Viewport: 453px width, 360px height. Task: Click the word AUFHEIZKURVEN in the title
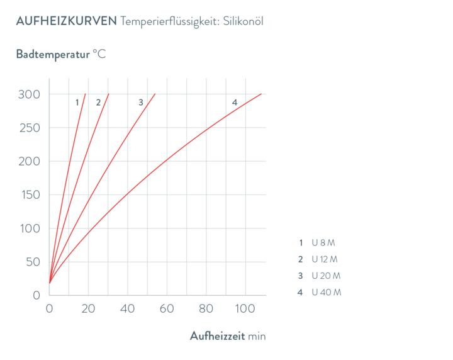(x=67, y=21)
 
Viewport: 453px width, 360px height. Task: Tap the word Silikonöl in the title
(x=243, y=21)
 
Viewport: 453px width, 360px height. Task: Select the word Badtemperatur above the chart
(x=53, y=54)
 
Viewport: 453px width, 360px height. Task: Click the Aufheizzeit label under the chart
(x=218, y=336)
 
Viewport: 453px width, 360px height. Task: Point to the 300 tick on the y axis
(x=29, y=94)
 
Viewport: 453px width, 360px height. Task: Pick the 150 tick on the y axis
(x=31, y=195)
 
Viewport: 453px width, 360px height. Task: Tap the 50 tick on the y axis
(x=33, y=262)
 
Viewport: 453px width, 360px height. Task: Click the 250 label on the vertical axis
(x=30, y=128)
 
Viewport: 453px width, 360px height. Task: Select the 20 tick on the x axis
(x=88, y=309)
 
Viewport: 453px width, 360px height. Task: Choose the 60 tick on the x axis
(x=167, y=309)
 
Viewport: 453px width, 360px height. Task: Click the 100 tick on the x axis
(x=245, y=309)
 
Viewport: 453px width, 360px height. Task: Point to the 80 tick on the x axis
(x=206, y=309)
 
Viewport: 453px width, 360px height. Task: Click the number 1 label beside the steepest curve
(x=77, y=103)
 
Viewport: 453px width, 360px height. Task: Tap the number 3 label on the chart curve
(x=141, y=103)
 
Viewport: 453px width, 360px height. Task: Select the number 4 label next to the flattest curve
(x=235, y=103)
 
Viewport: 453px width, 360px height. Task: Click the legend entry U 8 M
(x=323, y=243)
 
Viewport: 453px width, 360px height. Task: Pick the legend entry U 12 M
(x=325, y=259)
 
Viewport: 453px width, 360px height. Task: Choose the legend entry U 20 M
(x=326, y=276)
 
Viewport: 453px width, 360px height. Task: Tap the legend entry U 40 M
(x=327, y=292)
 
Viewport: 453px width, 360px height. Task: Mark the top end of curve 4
(x=261, y=94)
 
